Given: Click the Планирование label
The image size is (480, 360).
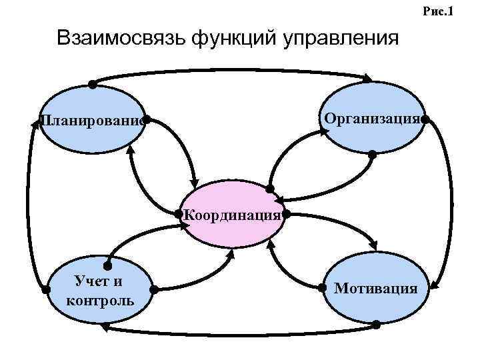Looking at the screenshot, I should (x=91, y=121).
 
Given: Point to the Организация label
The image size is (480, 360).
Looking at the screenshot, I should (x=372, y=119).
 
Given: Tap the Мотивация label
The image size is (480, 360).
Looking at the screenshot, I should (x=376, y=288).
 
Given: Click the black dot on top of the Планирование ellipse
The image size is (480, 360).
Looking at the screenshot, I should (x=92, y=85).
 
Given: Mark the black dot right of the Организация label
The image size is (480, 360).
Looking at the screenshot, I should (x=425, y=119).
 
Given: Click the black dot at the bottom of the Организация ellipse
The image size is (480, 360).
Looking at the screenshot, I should (x=372, y=155).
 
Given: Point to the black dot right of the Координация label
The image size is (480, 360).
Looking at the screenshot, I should (x=285, y=214).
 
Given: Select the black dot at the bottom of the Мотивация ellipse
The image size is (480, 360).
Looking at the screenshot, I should (x=375, y=325).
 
